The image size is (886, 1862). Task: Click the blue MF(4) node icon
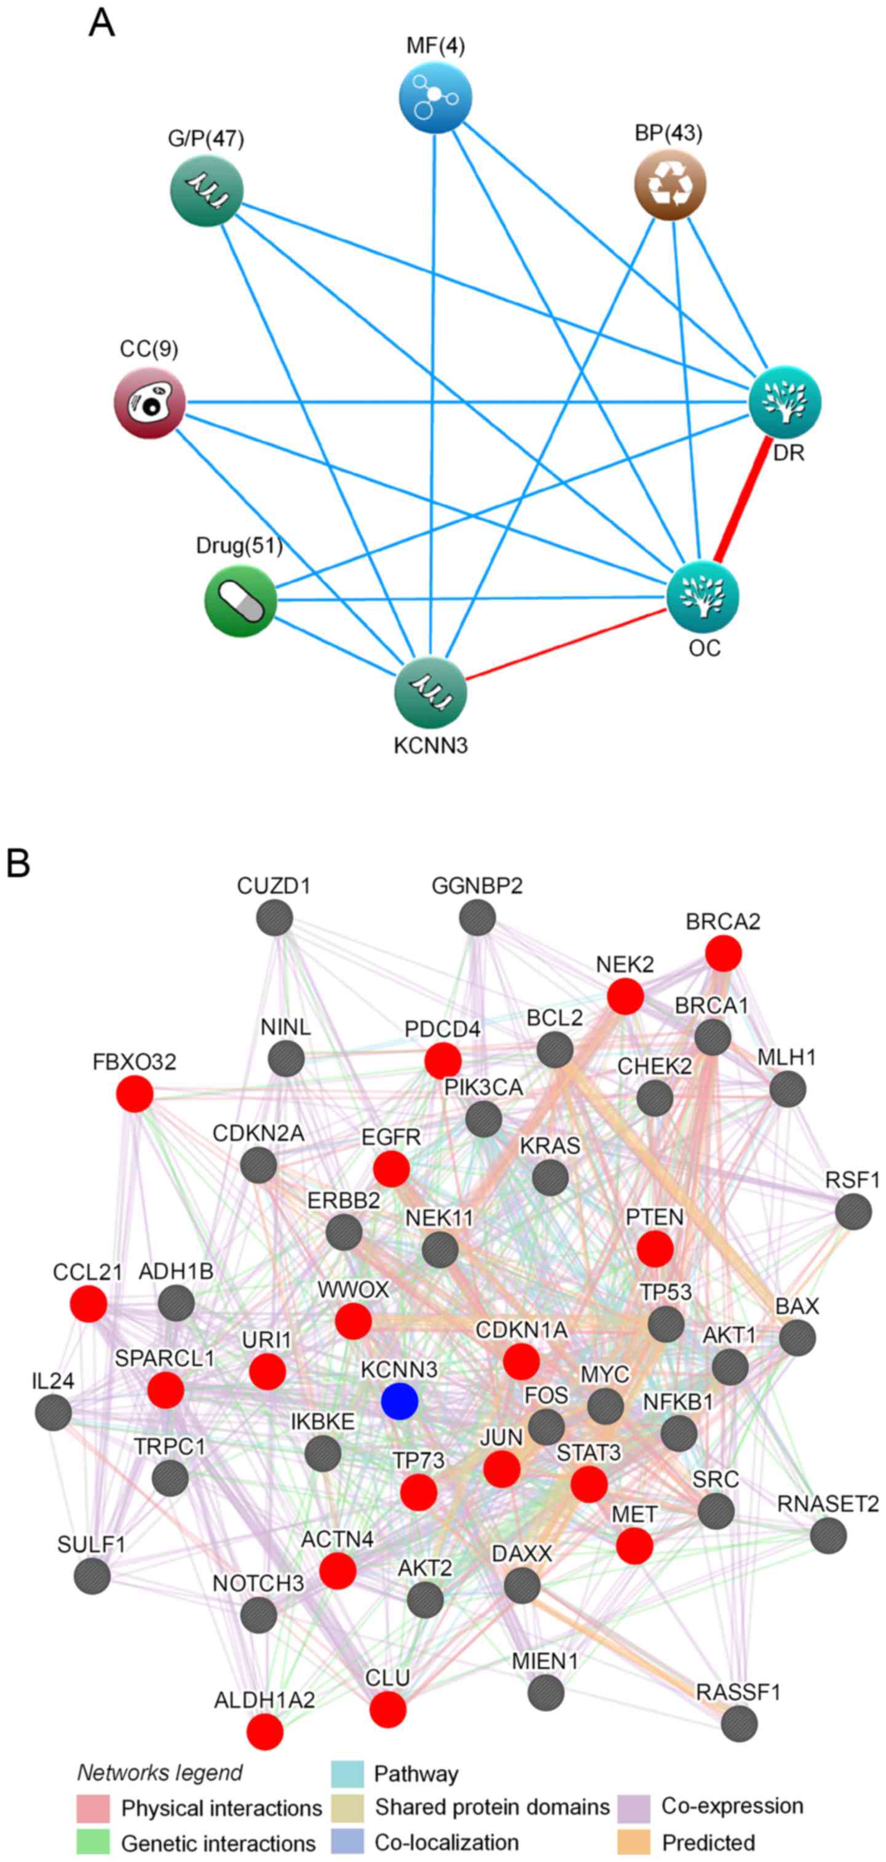point(435,97)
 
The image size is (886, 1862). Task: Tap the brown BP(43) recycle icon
point(670,185)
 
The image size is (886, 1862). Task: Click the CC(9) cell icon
point(150,402)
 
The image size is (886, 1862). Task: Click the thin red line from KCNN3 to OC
point(564,644)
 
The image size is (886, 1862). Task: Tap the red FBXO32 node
point(135,1093)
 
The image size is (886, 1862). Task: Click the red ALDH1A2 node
point(264,1732)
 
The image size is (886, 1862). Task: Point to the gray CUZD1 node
point(275,918)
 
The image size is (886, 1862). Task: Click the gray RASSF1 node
point(738,1723)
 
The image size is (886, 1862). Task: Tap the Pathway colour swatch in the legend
point(347,1773)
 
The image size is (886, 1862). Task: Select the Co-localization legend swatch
point(347,1842)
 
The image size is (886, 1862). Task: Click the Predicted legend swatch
point(635,1842)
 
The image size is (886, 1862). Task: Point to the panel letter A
point(101,23)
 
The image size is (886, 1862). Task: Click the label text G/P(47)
point(206,138)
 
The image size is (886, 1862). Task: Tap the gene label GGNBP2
point(477,885)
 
